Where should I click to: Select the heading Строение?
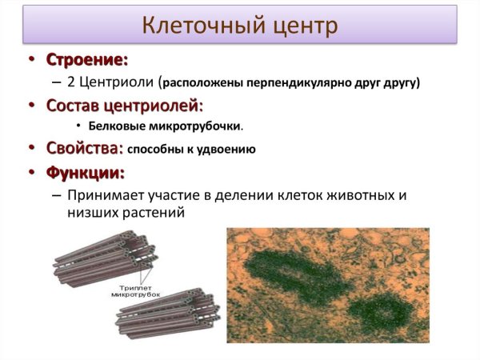(86, 60)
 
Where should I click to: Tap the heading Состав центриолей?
(124, 105)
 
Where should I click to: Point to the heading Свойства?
(84, 149)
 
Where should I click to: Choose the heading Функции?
(85, 172)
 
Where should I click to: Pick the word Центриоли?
(119, 82)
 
